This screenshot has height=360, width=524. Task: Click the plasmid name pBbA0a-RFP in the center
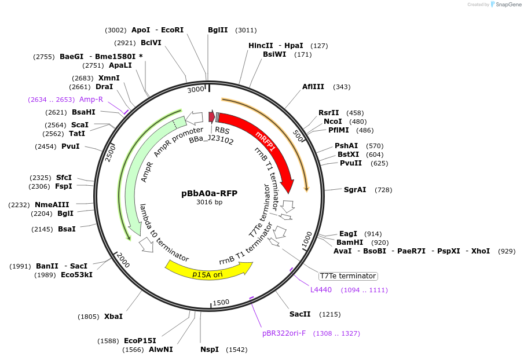point(209,193)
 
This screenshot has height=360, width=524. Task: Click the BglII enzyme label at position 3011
point(218,30)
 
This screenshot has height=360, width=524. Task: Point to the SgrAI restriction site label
point(355,190)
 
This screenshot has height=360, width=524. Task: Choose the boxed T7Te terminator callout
point(348,276)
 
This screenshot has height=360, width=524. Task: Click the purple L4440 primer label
point(321,290)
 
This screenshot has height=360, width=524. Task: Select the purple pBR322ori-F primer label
point(284,333)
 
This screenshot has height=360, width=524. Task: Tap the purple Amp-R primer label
point(91,100)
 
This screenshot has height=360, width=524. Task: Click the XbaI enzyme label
point(113,317)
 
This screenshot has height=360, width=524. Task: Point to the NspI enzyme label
point(210,350)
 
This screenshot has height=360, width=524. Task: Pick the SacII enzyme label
point(300,314)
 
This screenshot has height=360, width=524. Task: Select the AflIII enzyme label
point(313,87)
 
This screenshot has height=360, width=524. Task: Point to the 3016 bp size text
point(209,203)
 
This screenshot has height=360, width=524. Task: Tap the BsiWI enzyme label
point(274,54)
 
